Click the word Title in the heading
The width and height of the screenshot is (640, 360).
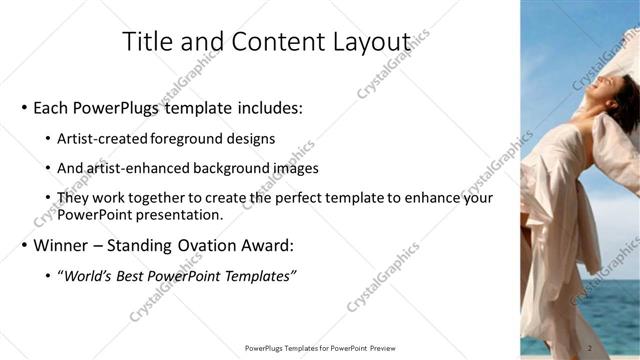tap(146, 42)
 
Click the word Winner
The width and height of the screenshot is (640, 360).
tap(61, 245)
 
